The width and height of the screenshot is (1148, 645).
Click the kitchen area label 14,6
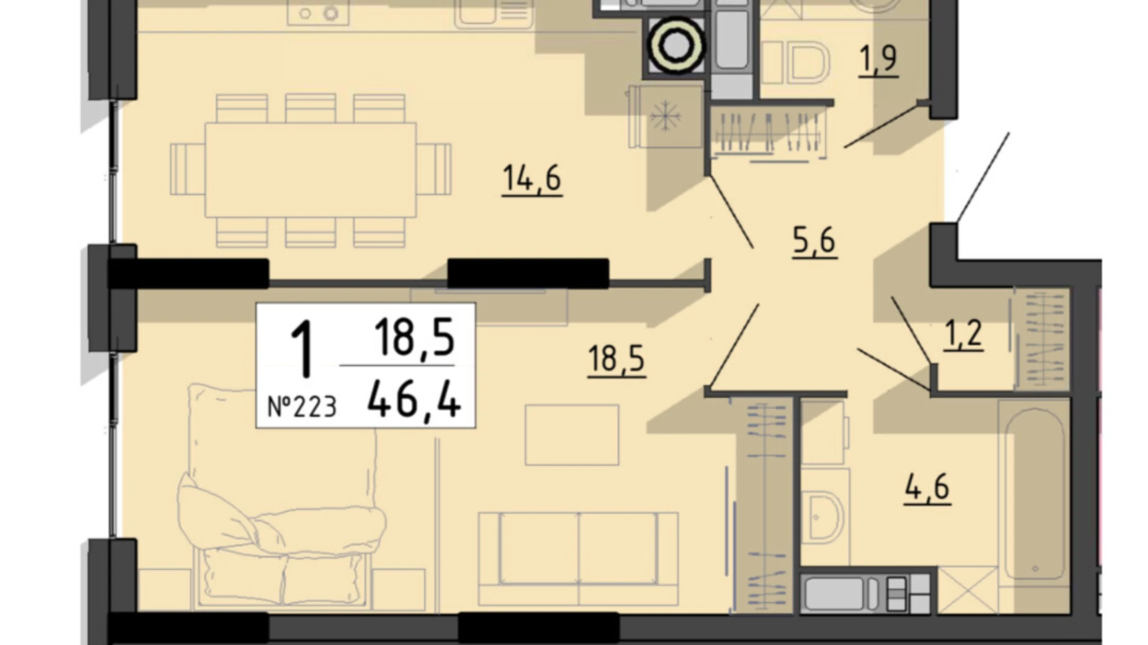pos(532,179)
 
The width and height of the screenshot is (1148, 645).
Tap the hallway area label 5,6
pos(814,241)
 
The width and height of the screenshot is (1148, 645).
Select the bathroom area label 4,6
pos(927,488)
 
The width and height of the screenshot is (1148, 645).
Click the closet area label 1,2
pos(963,335)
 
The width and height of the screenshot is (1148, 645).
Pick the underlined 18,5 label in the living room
pos(616,360)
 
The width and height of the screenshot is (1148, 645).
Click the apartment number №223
pos(302,407)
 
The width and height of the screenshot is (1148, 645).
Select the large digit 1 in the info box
pos(302,349)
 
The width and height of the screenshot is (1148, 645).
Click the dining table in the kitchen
pos(310,170)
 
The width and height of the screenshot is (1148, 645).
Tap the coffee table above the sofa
pos(572,435)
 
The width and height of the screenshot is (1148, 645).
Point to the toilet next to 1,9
pos(796,63)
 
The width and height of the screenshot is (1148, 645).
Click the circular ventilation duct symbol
pos(676,45)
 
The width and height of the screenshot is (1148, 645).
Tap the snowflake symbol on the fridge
pos(665,117)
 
